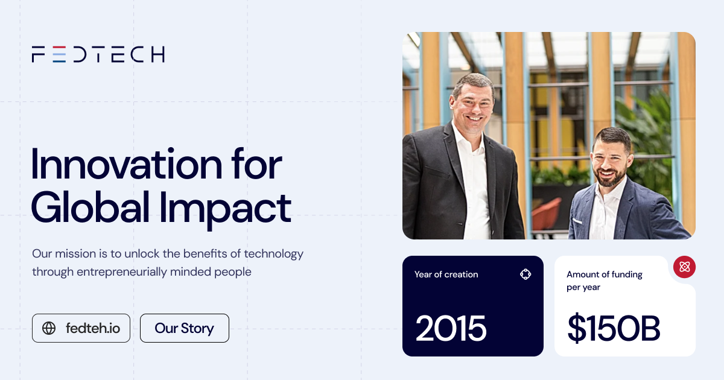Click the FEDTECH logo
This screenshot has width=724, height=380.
[98, 54]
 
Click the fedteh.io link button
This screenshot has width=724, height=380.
[81, 328]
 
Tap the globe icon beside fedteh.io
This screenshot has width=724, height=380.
[49, 328]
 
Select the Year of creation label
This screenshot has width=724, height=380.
[446, 274]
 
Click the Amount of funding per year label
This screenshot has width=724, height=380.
[604, 280]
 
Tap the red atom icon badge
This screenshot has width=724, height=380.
[684, 267]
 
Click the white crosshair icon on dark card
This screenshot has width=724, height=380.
[525, 274]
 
